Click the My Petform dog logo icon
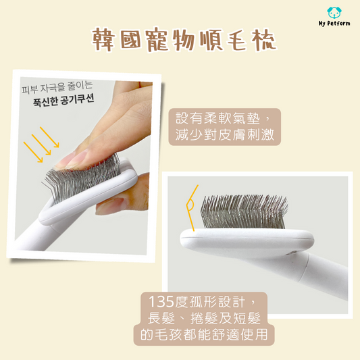[x=334, y=13]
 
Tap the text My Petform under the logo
[x=334, y=23]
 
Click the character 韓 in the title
[x=103, y=40]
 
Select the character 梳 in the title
[x=264, y=40]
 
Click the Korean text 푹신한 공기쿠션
[x=63, y=100]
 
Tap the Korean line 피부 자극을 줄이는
[x=57, y=87]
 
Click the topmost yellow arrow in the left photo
[x=49, y=137]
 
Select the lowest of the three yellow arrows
[x=33, y=152]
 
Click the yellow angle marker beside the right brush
[x=190, y=208]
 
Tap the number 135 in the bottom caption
[x=161, y=301]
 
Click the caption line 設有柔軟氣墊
[x=217, y=118]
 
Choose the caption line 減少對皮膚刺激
[x=225, y=134]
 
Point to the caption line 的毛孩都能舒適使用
[x=204, y=334]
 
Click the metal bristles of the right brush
[x=244, y=211]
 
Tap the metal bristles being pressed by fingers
[x=80, y=178]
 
